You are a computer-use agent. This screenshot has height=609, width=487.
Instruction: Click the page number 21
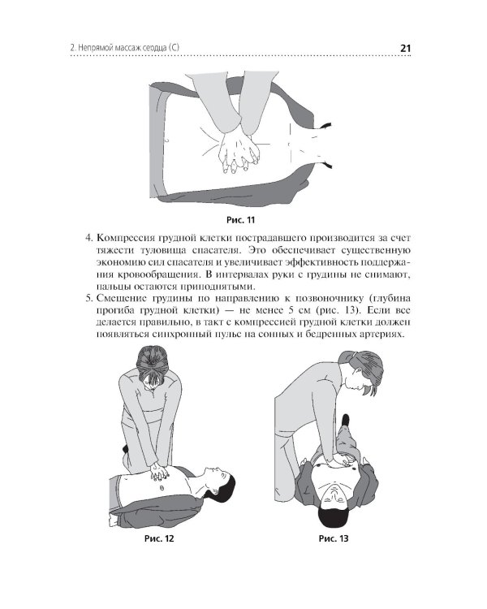click(405, 48)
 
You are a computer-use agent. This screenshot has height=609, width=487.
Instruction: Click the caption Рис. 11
click(240, 220)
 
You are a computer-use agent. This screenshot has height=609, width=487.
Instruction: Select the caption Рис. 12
click(159, 538)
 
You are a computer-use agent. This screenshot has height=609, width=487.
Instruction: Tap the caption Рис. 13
click(334, 538)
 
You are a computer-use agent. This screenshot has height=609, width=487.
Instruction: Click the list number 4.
click(89, 238)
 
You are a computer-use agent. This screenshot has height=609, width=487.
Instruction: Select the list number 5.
click(89, 298)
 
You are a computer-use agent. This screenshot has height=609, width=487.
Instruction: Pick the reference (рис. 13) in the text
click(338, 311)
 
